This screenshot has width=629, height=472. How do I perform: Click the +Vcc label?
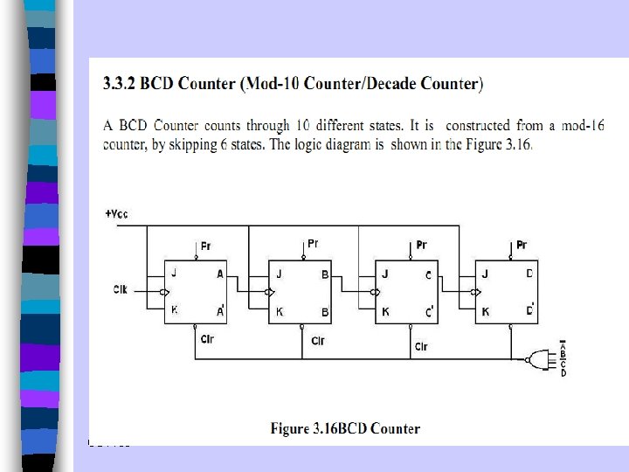116,214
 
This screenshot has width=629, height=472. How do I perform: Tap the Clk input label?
121,288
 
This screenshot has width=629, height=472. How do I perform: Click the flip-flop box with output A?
196,291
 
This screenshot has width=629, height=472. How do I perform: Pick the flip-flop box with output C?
405,291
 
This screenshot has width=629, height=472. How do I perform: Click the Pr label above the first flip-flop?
205,246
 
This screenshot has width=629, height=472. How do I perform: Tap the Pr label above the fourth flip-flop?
522,245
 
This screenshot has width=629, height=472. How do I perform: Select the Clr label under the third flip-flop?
421,347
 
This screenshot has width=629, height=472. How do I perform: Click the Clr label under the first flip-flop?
207,338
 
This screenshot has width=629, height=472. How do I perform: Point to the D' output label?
530,310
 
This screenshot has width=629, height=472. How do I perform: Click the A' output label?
220,310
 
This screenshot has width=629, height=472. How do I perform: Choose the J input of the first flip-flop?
174,273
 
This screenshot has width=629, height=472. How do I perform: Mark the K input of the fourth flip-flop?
485,310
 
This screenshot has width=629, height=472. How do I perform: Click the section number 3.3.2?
124,85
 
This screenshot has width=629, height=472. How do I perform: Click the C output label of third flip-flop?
428,274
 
